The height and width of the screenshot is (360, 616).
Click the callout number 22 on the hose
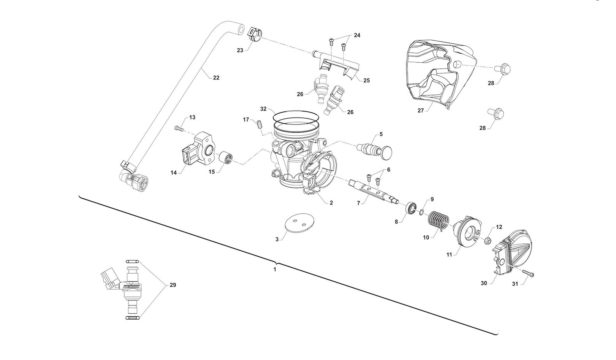(x=216, y=78)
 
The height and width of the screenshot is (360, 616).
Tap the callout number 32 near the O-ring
(x=264, y=109)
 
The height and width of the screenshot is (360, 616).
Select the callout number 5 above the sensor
(x=381, y=134)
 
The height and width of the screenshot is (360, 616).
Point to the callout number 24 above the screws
(x=357, y=35)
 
